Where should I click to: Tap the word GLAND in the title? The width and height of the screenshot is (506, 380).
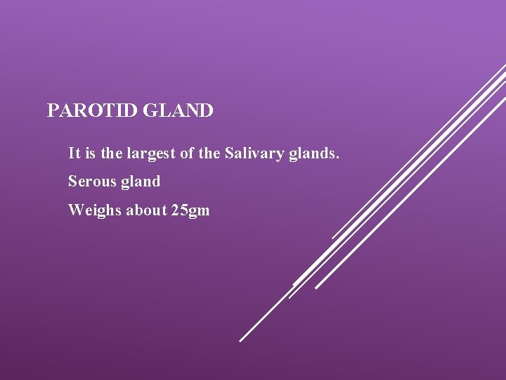(182, 111)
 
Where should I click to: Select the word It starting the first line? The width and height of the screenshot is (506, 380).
(73, 153)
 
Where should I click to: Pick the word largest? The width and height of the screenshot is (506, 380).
(148, 153)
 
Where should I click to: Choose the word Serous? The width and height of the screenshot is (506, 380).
(92, 182)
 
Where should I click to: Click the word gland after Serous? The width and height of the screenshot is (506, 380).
(141, 182)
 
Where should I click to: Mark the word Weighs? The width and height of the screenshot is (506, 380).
(94, 210)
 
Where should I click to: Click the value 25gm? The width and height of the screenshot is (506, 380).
(190, 210)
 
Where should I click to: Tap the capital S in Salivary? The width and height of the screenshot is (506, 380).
(229, 153)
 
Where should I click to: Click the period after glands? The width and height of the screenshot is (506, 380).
(337, 156)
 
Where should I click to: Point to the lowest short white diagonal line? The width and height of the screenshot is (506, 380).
(264, 317)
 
